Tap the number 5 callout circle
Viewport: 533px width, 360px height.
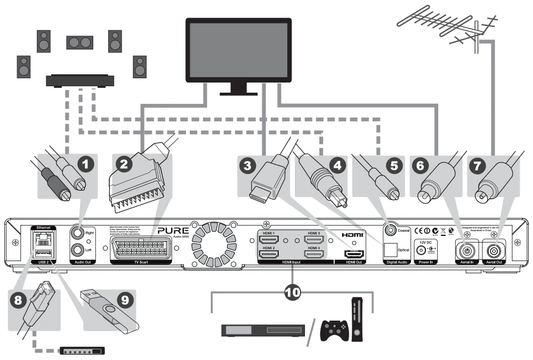click(x=394, y=164)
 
